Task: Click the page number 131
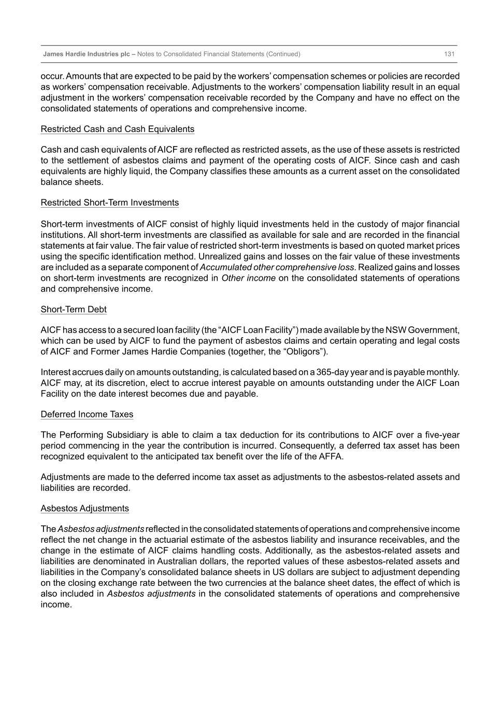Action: (x=449, y=54)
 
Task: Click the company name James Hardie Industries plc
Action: (x=87, y=54)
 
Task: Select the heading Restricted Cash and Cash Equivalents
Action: (x=118, y=129)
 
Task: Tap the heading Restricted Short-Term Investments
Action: (x=110, y=203)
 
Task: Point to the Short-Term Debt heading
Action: (x=74, y=309)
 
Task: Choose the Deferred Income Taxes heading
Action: (x=87, y=414)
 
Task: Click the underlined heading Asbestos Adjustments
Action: (x=85, y=508)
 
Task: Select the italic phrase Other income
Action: (x=248, y=278)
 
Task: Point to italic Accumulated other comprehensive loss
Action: (x=277, y=267)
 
